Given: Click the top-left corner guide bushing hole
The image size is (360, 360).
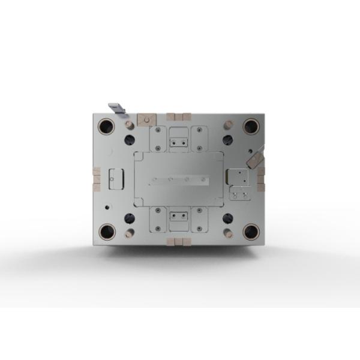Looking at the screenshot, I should (107, 127).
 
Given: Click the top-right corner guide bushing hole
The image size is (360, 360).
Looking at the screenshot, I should (251, 127).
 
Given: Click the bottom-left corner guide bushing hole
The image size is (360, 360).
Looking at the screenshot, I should (107, 230).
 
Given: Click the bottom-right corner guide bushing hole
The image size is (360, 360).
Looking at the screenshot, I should (251, 230).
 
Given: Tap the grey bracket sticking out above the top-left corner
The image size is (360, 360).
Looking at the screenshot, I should (116, 108).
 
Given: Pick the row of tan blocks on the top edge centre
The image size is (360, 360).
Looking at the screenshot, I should (179, 116).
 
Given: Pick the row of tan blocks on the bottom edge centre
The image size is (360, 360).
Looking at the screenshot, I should (179, 241).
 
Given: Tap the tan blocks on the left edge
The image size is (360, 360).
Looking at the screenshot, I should (96, 179).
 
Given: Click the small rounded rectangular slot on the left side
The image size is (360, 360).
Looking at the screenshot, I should (115, 178).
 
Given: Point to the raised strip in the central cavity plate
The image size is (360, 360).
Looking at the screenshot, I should (179, 179).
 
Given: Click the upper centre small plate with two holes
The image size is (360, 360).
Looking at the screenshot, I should (178, 142).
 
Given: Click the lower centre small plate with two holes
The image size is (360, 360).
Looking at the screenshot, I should (178, 216).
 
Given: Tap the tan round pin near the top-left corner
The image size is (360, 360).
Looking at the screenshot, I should (128, 125).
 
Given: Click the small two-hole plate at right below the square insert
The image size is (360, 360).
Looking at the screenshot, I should (239, 194).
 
